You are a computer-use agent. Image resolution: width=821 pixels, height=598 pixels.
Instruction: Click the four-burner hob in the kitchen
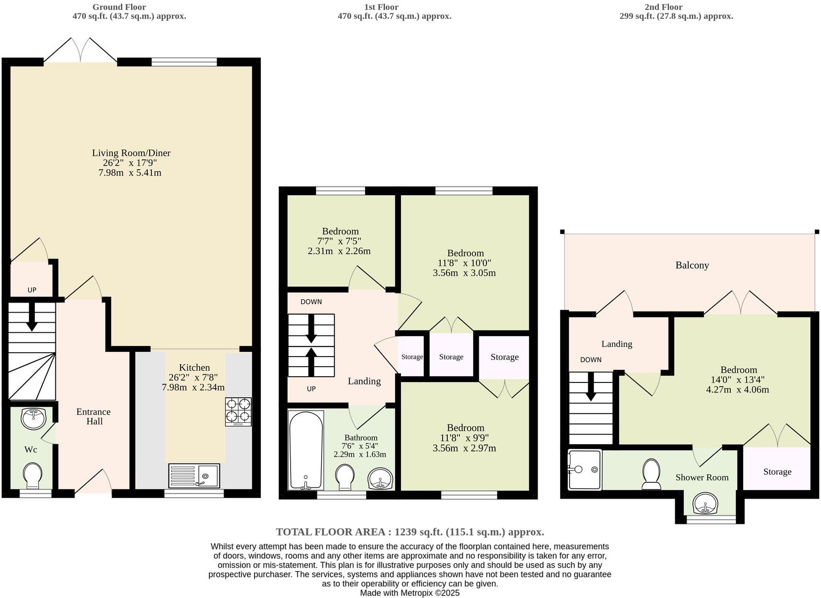pyautogui.click(x=238, y=412)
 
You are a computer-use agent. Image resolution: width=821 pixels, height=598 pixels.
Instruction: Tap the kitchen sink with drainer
pyautogui.click(x=194, y=476)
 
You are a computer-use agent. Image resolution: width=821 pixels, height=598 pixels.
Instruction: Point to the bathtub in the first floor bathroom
pyautogui.click(x=306, y=450)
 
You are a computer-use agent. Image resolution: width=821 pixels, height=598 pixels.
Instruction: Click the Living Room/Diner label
pyautogui.click(x=131, y=153)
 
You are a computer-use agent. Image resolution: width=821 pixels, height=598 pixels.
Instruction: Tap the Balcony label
pyautogui.click(x=691, y=265)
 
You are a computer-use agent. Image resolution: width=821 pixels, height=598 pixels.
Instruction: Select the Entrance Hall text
pyautogui.click(x=94, y=416)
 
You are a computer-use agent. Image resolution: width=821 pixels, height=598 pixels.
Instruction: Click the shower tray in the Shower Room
pyautogui.click(x=584, y=469)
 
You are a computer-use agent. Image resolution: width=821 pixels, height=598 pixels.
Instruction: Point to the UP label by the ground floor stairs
pyautogui.click(x=32, y=290)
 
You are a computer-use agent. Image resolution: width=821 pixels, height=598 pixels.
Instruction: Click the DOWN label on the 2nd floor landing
pyautogui.click(x=591, y=359)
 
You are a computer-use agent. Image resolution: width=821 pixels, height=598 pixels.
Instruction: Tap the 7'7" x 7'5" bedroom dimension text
pyautogui.click(x=339, y=241)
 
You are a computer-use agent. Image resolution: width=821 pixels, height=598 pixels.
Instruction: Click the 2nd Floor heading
pyautogui.click(x=663, y=7)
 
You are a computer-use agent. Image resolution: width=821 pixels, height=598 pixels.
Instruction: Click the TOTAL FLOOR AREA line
pyautogui.click(x=410, y=532)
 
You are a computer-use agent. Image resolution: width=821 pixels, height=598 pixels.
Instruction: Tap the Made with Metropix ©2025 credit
pyautogui.click(x=410, y=593)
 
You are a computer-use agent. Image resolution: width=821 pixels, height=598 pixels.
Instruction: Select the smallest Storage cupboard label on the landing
pyautogui.click(x=411, y=357)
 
